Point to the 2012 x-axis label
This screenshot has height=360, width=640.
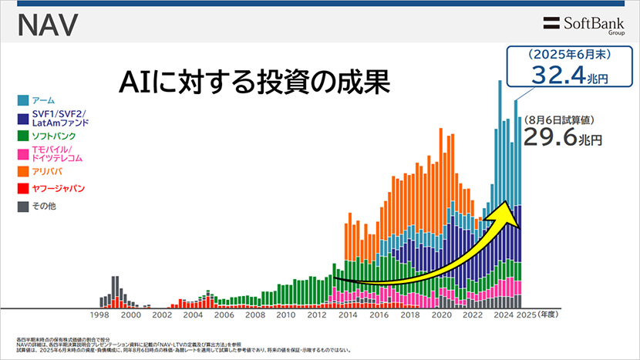click(317, 315)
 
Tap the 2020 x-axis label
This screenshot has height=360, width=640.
click(441, 315)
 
